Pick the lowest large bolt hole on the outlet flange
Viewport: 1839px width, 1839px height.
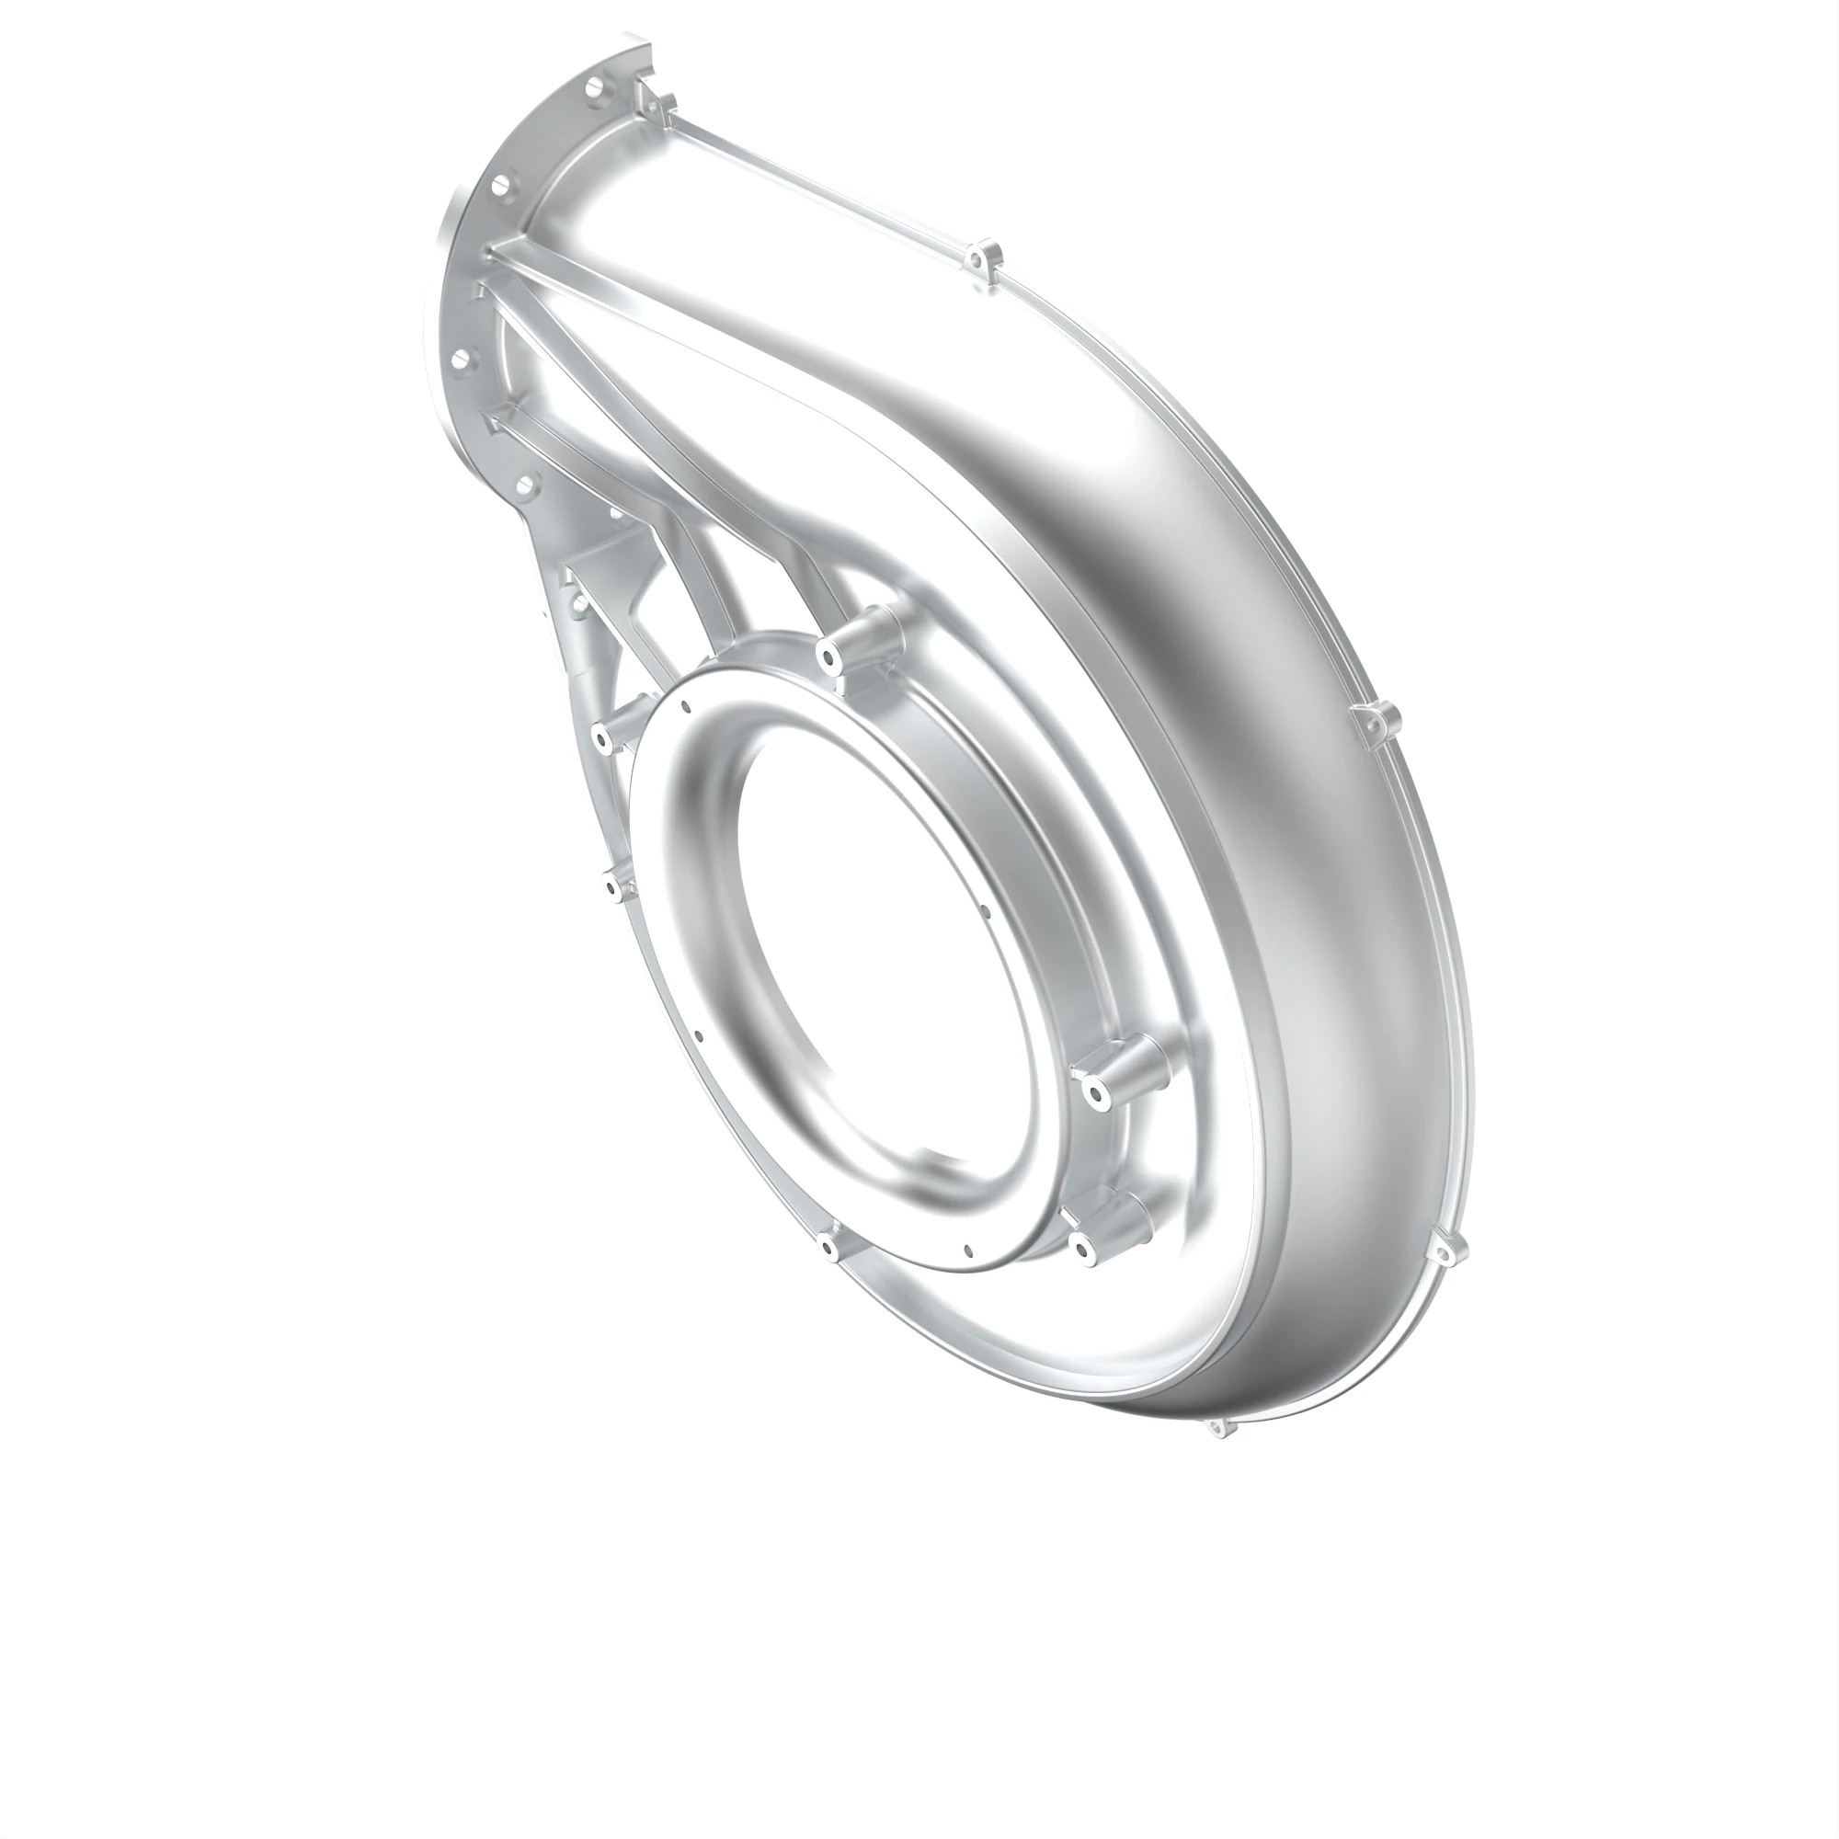click(x=520, y=486)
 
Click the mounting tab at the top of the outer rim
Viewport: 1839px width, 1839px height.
click(x=981, y=259)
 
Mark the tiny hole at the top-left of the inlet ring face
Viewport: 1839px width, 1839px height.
click(x=684, y=706)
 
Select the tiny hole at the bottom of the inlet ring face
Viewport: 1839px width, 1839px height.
click(x=967, y=1249)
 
